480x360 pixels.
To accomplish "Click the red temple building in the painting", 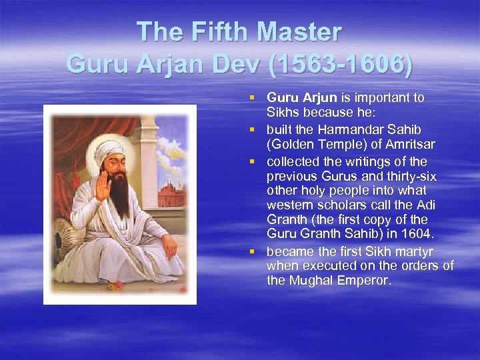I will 171,192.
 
